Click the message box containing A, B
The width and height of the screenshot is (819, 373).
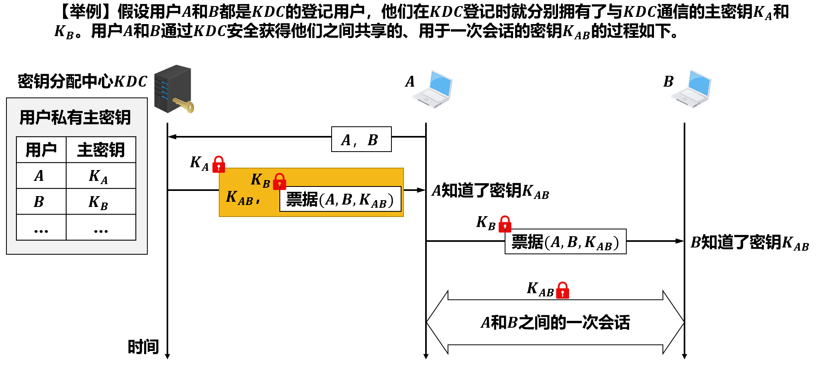point(361,140)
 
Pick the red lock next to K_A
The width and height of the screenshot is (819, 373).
point(219,164)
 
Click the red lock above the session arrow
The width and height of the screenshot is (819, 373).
point(562,290)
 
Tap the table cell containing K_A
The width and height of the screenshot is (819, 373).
point(100,176)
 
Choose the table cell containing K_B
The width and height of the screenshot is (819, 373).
point(100,202)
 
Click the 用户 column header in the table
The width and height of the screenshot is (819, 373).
point(41,150)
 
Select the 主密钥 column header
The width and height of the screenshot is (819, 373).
point(100,150)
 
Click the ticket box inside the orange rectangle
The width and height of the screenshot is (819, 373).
point(340,199)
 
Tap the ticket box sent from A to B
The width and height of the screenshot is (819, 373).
point(565,242)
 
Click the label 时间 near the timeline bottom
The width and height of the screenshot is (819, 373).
point(143,347)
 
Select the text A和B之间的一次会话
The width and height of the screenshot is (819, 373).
point(555,322)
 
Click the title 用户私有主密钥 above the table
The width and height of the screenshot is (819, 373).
point(75,118)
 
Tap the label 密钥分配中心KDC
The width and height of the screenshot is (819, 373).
point(82,81)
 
